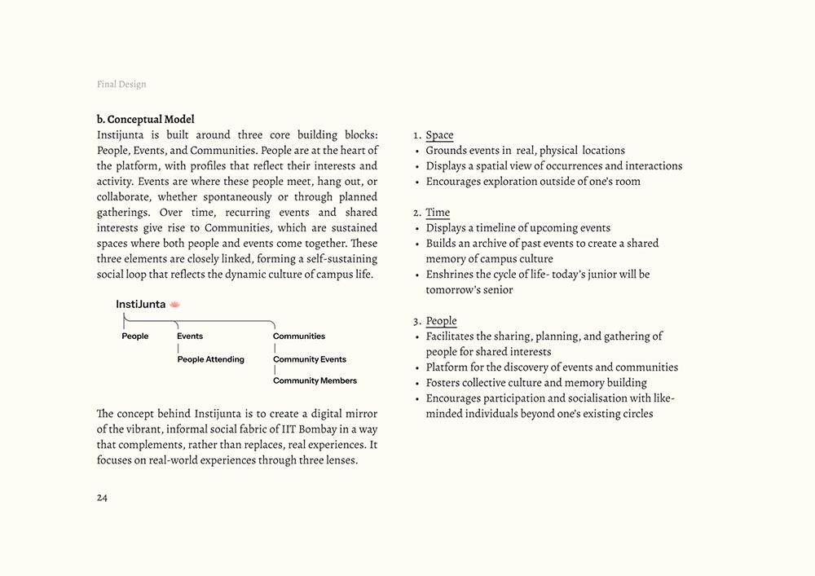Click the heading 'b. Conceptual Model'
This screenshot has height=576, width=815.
point(145,120)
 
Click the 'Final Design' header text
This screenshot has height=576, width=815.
point(121,84)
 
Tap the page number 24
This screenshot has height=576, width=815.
point(102,498)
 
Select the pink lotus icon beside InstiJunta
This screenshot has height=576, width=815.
point(174,305)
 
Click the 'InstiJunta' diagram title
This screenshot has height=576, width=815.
point(140,305)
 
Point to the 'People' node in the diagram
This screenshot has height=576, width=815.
point(135,336)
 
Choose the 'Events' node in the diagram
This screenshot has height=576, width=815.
point(190,336)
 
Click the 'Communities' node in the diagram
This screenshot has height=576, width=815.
point(299,336)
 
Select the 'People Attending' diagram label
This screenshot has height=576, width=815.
point(211,359)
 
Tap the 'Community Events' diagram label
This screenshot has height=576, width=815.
point(310,359)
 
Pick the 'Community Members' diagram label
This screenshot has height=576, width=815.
point(315,380)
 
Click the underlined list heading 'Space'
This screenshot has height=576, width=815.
point(439,135)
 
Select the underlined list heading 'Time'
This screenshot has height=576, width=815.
point(438,213)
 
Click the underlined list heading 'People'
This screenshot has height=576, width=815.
point(441,321)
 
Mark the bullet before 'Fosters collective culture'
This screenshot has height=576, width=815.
point(417,383)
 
